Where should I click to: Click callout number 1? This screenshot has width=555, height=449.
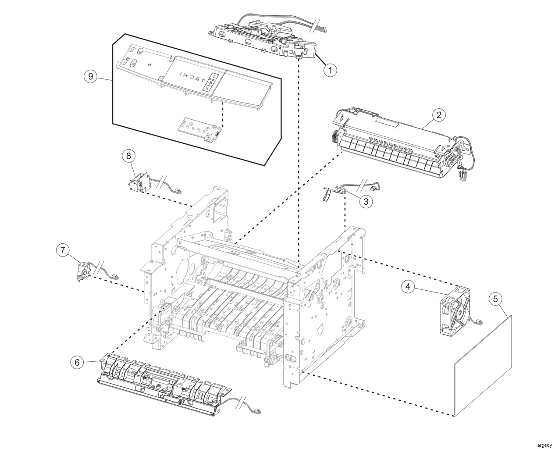pos(330,69)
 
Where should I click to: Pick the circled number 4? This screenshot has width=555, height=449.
pos(408,287)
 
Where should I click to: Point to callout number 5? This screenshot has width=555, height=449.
pos(495,299)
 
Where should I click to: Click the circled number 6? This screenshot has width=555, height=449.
pos(77,362)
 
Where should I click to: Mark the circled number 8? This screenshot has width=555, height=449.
pos(128,155)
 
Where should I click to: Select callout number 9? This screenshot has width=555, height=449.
pos(91,76)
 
